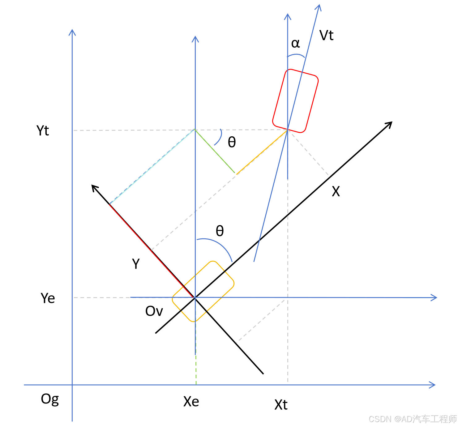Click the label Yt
tap(43, 130)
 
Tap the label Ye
tap(48, 298)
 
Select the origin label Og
tap(49, 399)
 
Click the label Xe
tap(191, 401)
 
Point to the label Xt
tap(281, 404)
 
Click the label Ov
tap(154, 311)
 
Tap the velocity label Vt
tap(326, 36)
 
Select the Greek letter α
tap(296, 43)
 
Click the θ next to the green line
tap(232, 142)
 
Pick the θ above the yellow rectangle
tap(220, 231)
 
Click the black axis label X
tap(336, 191)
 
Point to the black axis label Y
tap(136, 264)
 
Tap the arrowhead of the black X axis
tap(390, 124)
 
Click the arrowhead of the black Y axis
tap(94, 187)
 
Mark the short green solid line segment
tap(215, 151)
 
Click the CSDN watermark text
tap(413, 419)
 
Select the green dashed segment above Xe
tap(196, 369)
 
